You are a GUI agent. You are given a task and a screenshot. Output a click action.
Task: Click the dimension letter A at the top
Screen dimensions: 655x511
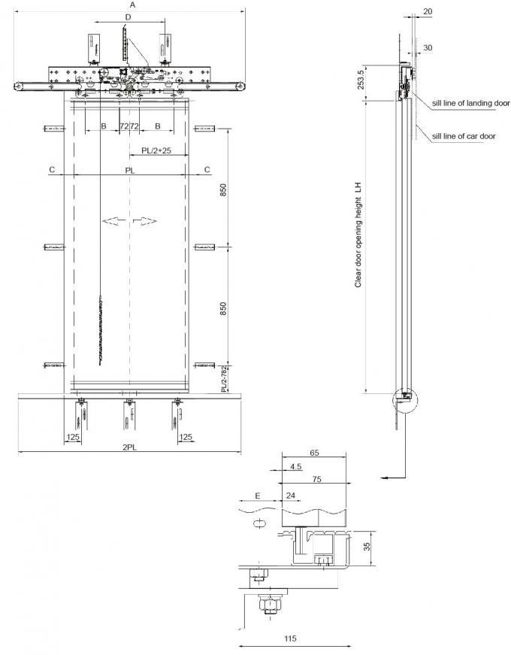coord(132,5)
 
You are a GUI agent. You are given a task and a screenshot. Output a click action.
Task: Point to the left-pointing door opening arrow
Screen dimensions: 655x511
coord(113,220)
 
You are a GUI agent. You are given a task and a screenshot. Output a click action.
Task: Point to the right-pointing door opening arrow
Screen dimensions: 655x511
coord(146,220)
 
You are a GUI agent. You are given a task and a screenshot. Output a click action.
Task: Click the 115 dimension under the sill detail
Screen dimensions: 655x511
coord(290,638)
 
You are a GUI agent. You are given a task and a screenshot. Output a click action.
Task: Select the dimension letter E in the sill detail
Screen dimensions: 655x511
coord(258,496)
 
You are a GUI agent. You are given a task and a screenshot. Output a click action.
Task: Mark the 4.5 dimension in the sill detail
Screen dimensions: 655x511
coord(295,467)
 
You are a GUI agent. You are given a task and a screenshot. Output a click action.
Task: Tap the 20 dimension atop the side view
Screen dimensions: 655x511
coord(427,11)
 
